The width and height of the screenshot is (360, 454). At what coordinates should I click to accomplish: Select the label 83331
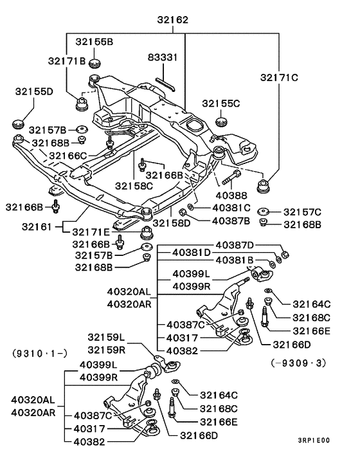[x=165, y=57]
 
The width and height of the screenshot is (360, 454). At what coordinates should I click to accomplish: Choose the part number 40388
[x=234, y=195]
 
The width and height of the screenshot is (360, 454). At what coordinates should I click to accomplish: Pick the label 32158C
[x=134, y=186]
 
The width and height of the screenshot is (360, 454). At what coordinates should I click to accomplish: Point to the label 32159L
[x=106, y=336]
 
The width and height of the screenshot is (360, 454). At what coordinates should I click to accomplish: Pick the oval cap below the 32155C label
[x=222, y=120]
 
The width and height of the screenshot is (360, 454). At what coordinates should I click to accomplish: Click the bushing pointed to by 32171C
[x=264, y=186]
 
